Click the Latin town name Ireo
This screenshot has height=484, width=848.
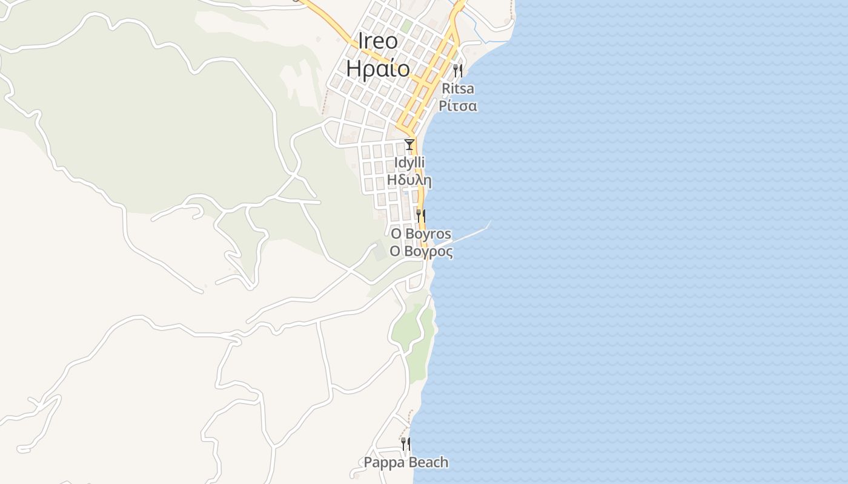tap(378, 41)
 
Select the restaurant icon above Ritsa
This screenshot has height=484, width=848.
tap(458, 71)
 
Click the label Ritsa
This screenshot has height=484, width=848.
tap(458, 89)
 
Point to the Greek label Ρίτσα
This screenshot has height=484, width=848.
tap(458, 106)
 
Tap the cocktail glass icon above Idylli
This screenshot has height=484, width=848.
tap(409, 145)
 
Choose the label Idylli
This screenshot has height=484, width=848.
tap(409, 163)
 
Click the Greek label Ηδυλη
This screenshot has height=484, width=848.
tap(409, 180)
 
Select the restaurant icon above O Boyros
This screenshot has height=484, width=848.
tap(420, 215)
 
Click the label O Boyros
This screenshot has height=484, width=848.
tap(420, 234)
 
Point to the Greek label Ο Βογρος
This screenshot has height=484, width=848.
tap(420, 251)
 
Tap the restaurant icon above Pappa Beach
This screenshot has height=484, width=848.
tap(405, 445)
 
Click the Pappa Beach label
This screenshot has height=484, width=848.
tap(406, 463)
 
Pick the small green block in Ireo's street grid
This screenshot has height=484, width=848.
tap(406, 26)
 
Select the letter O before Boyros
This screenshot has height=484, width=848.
tap(396, 234)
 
